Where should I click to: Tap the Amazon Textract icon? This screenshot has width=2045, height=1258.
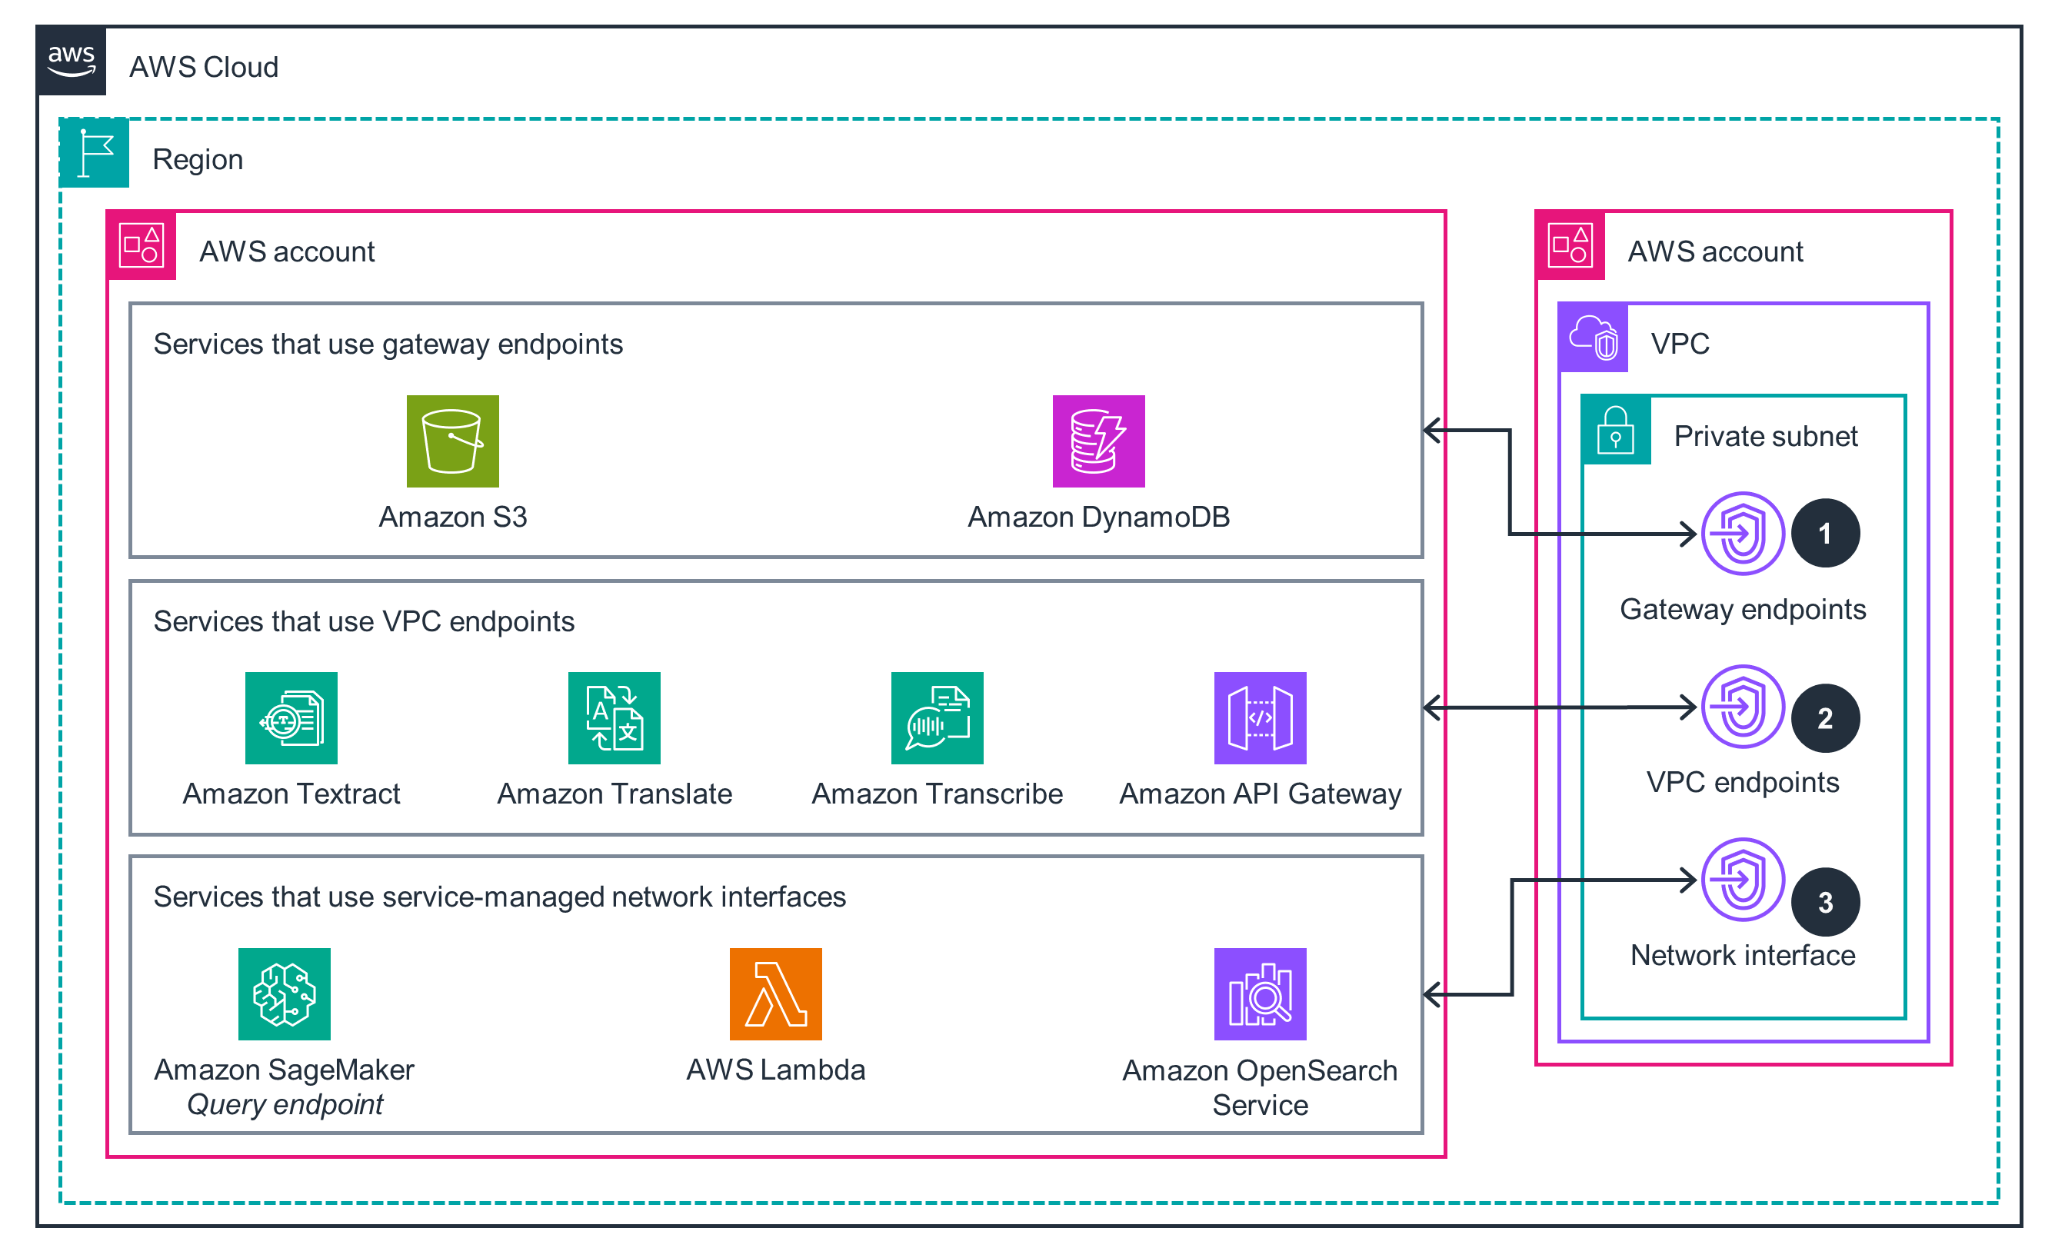[x=291, y=718]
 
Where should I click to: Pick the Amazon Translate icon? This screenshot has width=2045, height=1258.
[x=614, y=718]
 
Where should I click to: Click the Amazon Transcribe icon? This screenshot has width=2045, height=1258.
[x=937, y=718]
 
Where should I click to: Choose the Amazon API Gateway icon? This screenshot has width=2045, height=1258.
[x=1260, y=718]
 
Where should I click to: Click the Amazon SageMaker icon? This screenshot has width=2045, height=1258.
[x=285, y=994]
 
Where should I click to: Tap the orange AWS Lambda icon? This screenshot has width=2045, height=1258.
[x=775, y=994]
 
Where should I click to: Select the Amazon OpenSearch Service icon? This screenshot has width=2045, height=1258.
[x=1260, y=994]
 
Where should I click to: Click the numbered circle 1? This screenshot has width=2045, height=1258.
[x=1824, y=534]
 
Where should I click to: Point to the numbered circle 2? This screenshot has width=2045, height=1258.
[x=1824, y=718]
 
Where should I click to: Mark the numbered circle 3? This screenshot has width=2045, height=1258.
[x=1824, y=903]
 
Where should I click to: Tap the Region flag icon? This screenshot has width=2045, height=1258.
[x=95, y=153]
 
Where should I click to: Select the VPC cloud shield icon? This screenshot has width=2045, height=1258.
[x=1593, y=338]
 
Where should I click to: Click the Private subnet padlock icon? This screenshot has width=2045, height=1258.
[x=1616, y=430]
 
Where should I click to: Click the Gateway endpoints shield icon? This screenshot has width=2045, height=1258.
[x=1742, y=534]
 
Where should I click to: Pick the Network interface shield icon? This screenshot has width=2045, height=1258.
[x=1742, y=880]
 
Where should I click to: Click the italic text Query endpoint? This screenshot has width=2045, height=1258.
[x=285, y=1105]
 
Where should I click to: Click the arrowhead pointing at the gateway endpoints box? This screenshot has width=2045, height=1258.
[x=1431, y=430]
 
